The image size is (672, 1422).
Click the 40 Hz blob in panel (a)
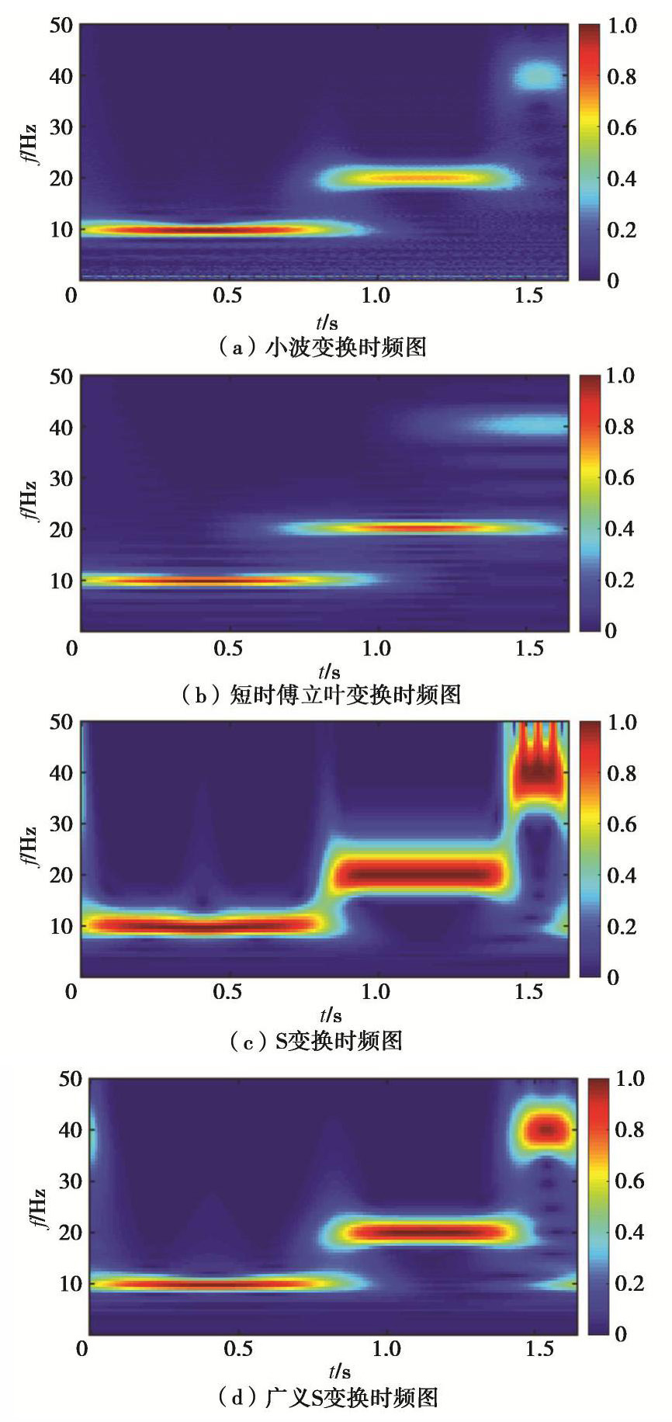pyautogui.click(x=538, y=76)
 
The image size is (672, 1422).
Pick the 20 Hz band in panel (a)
pyautogui.click(x=419, y=178)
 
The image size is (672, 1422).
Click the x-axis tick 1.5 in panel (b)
pyautogui.click(x=529, y=649)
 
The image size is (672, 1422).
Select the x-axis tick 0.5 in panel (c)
pyautogui.click(x=230, y=994)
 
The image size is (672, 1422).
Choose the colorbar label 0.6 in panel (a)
pyautogui.click(x=621, y=127)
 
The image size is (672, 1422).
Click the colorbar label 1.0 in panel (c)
pyautogui.click(x=621, y=723)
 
